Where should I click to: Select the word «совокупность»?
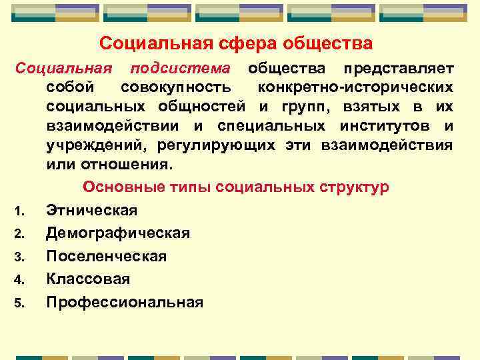point(177,87)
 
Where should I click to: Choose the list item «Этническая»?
point(92,211)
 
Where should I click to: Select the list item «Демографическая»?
point(118,233)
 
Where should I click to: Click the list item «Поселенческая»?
point(107,256)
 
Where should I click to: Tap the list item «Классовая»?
point(88,279)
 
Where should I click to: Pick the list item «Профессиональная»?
point(125,302)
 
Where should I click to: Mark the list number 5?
point(20,303)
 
